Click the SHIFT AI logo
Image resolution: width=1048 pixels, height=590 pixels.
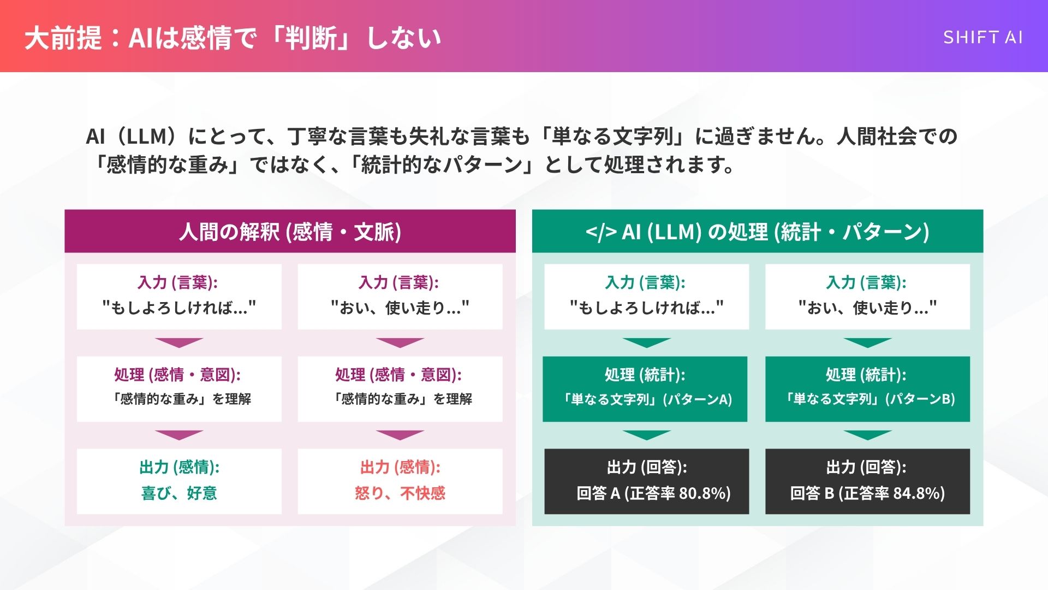[x=982, y=37]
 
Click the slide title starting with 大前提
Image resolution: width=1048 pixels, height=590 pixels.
[x=233, y=38]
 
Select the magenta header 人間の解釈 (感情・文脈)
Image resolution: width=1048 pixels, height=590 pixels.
[x=290, y=232]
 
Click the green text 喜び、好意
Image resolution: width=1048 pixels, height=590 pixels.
[x=179, y=493]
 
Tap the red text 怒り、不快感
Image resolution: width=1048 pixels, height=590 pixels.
[x=400, y=493]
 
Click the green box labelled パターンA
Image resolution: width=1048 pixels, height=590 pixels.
[x=645, y=389]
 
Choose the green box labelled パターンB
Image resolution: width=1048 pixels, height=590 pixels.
[x=867, y=389]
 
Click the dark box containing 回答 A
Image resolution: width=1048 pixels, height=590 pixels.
[x=646, y=481]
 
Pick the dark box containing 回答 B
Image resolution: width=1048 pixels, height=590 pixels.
[x=867, y=481]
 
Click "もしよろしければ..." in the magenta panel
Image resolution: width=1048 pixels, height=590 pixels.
[x=179, y=308]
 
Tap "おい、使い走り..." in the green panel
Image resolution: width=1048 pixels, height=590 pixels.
[x=867, y=308]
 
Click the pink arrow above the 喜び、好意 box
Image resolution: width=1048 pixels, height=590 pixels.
[x=179, y=435]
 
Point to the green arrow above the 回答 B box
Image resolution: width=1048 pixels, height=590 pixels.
[x=867, y=435]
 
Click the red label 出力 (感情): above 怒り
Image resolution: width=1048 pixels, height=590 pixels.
[x=400, y=467]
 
